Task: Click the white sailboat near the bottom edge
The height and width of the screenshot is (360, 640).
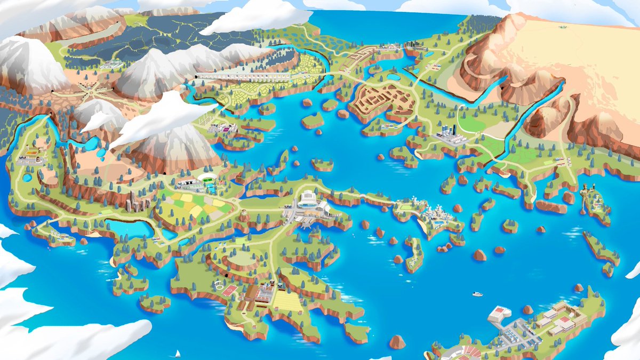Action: [x=177, y=353]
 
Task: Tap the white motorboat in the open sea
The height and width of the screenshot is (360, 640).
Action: [x=477, y=293]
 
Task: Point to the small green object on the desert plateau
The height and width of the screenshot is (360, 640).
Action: [x=562, y=26]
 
